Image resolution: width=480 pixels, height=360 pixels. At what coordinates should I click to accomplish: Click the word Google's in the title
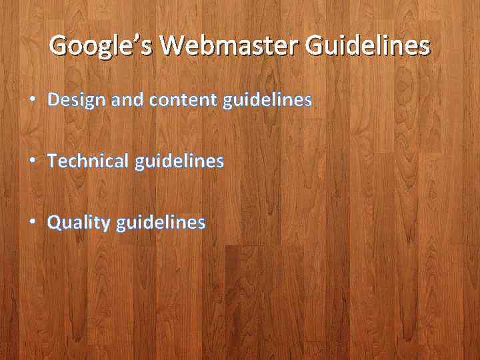(x=101, y=46)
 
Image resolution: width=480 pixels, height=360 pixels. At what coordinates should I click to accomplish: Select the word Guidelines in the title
(x=367, y=45)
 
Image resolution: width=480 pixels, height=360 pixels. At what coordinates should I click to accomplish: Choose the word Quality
(x=78, y=222)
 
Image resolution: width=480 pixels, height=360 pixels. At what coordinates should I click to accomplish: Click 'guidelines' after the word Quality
(x=161, y=222)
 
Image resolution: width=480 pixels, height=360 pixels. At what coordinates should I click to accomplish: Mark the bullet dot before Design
(x=33, y=101)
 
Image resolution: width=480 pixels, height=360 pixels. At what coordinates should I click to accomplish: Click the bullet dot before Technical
(x=33, y=161)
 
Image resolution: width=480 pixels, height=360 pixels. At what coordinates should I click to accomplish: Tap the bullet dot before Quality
(x=33, y=223)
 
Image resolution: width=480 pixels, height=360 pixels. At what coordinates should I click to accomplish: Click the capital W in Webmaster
(x=175, y=45)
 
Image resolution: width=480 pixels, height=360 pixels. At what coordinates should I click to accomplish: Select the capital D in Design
(x=54, y=100)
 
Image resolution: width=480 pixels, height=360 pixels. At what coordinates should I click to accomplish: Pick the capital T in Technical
(x=53, y=161)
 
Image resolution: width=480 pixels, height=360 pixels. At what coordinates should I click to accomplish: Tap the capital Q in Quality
(x=55, y=222)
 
